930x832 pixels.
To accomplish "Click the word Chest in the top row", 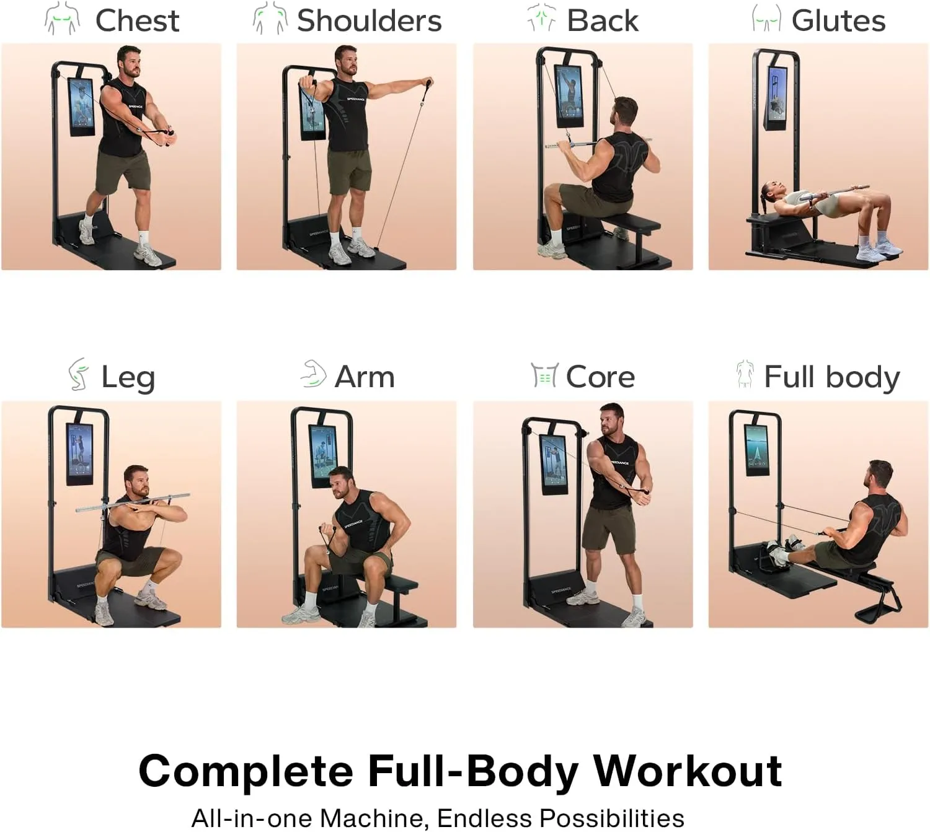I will pyautogui.click(x=137, y=20).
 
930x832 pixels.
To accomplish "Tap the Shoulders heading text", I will pyautogui.click(x=369, y=20).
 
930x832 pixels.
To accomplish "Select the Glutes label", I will pyautogui.click(x=838, y=20).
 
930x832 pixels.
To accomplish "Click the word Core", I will pyautogui.click(x=600, y=377).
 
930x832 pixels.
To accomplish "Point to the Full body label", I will pyautogui.click(x=831, y=377).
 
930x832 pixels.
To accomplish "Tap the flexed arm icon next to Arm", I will pyautogui.click(x=314, y=374).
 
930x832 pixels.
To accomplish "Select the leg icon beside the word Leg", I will pyautogui.click(x=78, y=375).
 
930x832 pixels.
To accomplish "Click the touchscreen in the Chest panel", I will pyautogui.click(x=81, y=107).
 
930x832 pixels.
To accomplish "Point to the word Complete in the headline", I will pyautogui.click(x=246, y=771).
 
